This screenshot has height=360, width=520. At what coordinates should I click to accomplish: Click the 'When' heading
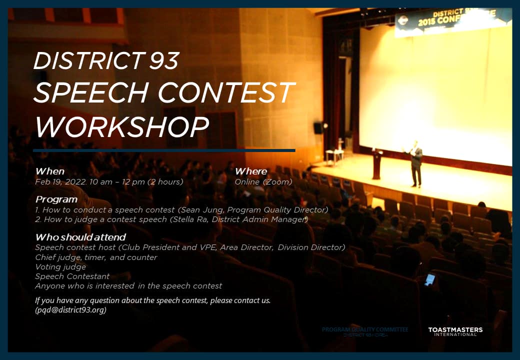pyautogui.click(x=50, y=171)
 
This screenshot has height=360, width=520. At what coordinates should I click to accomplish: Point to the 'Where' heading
pyautogui.click(x=250, y=171)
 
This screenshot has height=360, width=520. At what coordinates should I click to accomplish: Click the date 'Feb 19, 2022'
pyautogui.click(x=60, y=182)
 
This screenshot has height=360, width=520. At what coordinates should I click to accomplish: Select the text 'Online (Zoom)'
pyautogui.click(x=263, y=182)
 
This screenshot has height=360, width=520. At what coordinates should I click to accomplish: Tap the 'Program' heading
pyautogui.click(x=56, y=199)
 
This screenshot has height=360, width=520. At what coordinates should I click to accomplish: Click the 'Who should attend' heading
pyautogui.click(x=80, y=237)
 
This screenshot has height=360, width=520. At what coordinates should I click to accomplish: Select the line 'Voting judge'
pyautogui.click(x=60, y=267)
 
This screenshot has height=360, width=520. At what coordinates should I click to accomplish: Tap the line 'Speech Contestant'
pyautogui.click(x=72, y=276)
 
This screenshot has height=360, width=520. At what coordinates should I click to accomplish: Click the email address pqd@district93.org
pyautogui.click(x=70, y=309)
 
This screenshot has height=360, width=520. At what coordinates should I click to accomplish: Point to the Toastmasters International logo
pyautogui.click(x=455, y=331)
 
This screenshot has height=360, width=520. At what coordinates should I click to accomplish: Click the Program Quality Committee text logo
pyautogui.click(x=365, y=331)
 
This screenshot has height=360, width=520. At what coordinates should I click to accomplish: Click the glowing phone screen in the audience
pyautogui.click(x=429, y=279)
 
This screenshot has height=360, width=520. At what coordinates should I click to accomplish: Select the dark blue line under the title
pyautogui.click(x=164, y=150)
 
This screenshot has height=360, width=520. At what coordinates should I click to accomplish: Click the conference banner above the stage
pyautogui.click(x=452, y=22)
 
